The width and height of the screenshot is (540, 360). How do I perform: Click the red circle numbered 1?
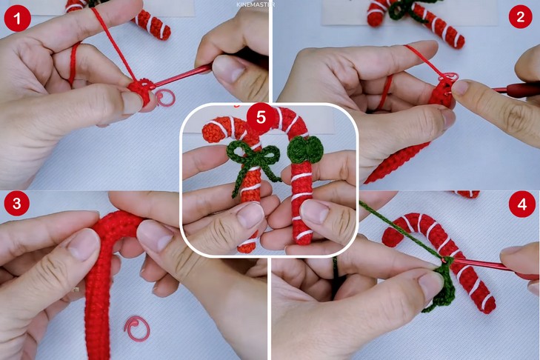17,18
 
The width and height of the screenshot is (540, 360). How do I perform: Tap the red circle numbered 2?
520,16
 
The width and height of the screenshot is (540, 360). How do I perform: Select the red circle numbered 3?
17,204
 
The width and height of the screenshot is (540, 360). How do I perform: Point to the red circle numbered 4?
521,205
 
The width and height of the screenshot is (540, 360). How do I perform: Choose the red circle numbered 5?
261,118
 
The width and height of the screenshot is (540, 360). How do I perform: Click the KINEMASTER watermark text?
256,4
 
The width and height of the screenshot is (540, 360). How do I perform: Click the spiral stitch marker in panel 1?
165,98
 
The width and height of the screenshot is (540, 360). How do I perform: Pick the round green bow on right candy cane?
305,149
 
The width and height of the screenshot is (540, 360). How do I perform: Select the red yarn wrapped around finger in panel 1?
73,64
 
